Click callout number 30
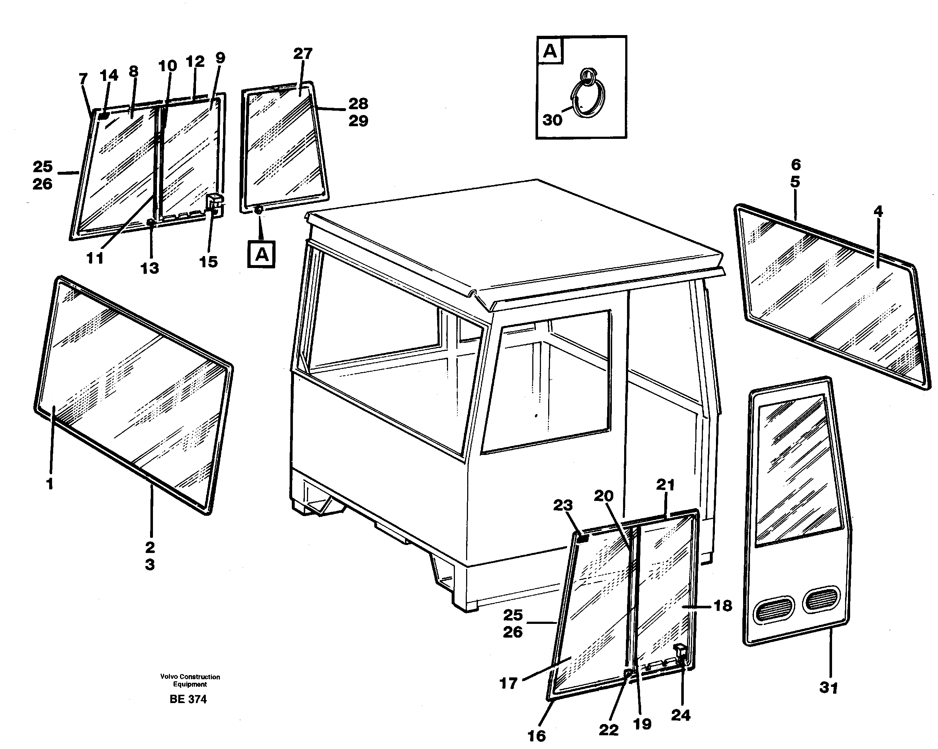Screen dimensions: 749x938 point(552,120)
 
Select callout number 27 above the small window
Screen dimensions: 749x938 point(302,54)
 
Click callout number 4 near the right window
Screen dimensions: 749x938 point(878,212)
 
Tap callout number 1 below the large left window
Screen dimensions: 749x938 point(50,484)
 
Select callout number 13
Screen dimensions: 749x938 point(149,268)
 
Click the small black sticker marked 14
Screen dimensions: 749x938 point(103,116)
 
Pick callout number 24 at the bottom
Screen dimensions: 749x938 point(681,715)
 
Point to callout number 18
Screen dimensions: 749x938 point(722,605)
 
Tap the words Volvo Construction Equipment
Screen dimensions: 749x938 point(190,680)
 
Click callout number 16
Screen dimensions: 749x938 point(536,736)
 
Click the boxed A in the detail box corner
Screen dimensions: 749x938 point(550,51)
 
